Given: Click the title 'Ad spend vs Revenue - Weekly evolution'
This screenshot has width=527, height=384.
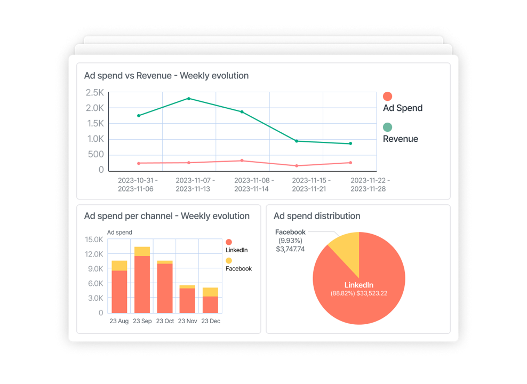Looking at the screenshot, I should coord(166,76).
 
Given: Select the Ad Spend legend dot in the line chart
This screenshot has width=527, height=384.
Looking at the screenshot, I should coord(388,97).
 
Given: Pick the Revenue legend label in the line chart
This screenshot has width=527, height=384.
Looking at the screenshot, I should coord(401,139).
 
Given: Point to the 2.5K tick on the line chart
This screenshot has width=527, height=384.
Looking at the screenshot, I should coord(94,93).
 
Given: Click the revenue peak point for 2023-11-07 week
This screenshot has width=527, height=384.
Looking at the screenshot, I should coord(189,99).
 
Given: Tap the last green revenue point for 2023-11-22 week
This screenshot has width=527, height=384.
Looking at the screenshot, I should coord(350,143).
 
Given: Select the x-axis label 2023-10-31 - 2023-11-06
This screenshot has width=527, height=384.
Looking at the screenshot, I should coord(138,185).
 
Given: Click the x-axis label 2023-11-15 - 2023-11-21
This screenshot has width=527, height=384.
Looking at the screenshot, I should coord(312,185).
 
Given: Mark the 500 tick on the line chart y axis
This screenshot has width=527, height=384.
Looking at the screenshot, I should coord(97,155).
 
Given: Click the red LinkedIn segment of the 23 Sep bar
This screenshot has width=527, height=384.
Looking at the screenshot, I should coord(142,284).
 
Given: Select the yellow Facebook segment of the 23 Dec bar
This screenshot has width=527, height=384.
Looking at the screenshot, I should coord(210,292).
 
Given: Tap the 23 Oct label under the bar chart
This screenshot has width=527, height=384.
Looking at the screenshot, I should coord(165,321).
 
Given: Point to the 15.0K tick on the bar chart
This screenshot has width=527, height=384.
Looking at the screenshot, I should coord(94,239).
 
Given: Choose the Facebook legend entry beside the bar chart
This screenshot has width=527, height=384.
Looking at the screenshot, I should coord(238,269).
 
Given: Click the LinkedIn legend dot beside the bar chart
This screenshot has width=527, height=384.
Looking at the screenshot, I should coord(229,242).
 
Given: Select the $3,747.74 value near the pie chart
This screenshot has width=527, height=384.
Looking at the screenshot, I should coord(290,249).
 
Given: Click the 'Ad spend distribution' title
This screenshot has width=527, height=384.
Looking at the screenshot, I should coord(317,216).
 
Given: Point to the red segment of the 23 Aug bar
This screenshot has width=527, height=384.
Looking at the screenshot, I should coord(119,292).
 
